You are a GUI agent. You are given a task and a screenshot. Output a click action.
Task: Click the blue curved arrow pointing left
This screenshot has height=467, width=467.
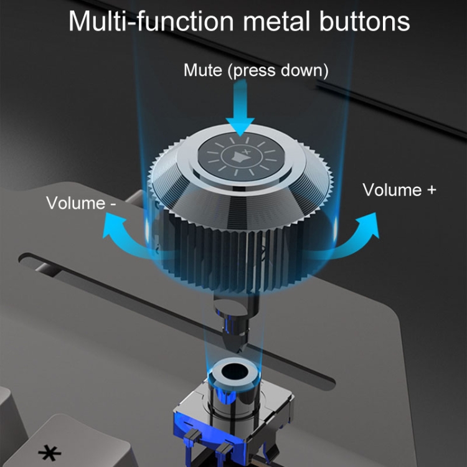point(121,233)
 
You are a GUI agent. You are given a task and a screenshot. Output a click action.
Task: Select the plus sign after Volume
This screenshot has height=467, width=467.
point(431,189)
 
